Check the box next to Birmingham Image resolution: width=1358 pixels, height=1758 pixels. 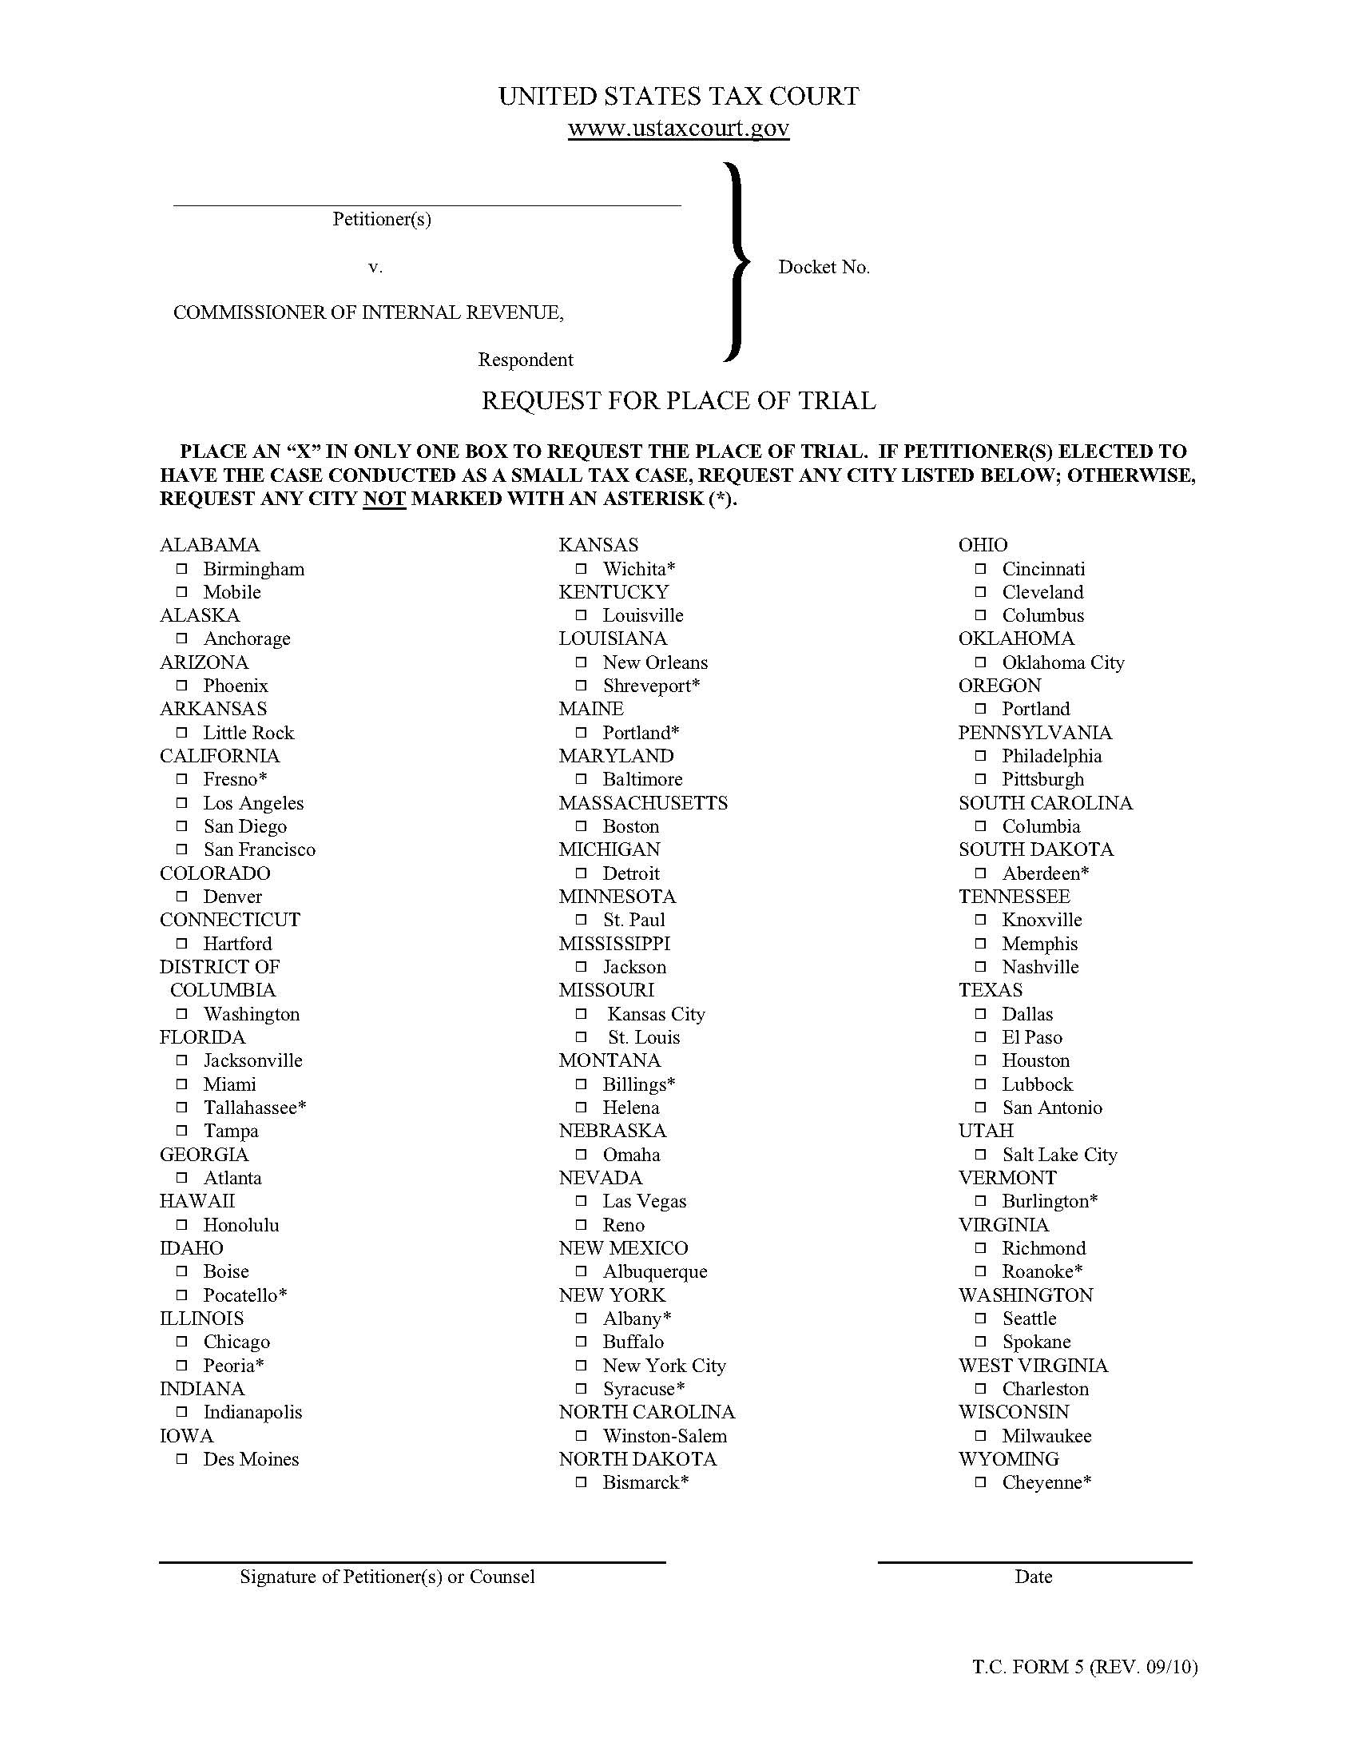[x=182, y=569]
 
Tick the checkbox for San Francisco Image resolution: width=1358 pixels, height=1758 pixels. [x=182, y=849]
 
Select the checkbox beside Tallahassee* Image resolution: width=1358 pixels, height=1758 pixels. [x=182, y=1108]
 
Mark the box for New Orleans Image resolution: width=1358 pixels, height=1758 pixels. [x=581, y=662]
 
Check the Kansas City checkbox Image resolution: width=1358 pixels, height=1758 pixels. [x=581, y=1014]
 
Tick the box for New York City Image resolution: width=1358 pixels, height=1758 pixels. [x=581, y=1366]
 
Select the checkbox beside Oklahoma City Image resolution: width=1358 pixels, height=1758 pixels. [x=980, y=662]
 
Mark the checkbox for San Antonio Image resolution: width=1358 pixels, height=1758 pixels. [x=980, y=1108]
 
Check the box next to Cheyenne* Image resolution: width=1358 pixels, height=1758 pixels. [x=980, y=1482]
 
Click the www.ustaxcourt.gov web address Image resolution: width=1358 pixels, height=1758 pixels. [x=678, y=128]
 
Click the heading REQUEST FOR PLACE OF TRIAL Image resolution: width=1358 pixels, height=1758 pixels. [x=678, y=401]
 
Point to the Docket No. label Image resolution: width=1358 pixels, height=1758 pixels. [x=823, y=267]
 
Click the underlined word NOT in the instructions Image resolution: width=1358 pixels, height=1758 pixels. [x=383, y=499]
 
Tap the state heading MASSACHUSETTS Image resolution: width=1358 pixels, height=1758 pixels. [x=643, y=802]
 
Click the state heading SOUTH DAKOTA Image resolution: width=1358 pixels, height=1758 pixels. [x=1035, y=849]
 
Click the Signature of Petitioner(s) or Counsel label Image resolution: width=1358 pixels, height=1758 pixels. [x=387, y=1577]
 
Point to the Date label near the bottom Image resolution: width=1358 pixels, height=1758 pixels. [x=1033, y=1577]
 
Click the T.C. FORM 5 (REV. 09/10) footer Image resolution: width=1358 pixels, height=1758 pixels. [x=1085, y=1667]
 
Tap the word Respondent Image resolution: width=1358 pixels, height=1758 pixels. [x=526, y=360]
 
